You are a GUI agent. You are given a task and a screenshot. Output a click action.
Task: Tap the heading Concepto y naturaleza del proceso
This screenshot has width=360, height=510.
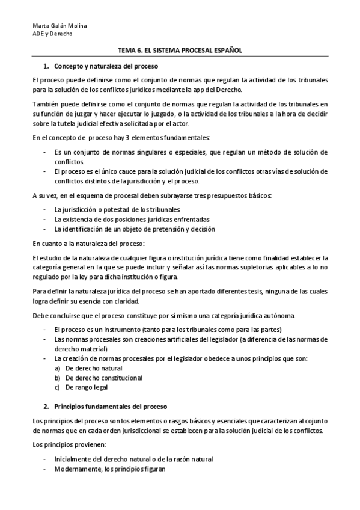tap(106, 66)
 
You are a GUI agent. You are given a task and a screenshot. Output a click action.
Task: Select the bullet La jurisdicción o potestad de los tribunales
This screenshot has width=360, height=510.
tap(117, 209)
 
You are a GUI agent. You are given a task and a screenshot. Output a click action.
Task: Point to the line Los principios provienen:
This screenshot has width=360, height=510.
tap(69, 444)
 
